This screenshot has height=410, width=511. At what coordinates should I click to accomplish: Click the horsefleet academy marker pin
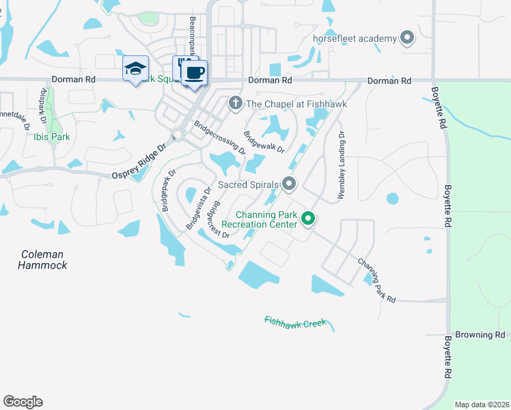pyautogui.click(x=408, y=38)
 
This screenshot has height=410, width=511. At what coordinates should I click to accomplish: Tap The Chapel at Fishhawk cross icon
pyautogui.click(x=235, y=103)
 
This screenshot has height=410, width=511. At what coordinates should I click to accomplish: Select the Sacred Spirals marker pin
pyautogui.click(x=289, y=184)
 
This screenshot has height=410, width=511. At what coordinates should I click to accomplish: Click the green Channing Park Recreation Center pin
pyautogui.click(x=308, y=219)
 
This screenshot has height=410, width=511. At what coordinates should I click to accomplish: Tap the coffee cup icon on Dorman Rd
pyautogui.click(x=195, y=72)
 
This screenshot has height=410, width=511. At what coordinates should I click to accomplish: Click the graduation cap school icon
pyautogui.click(x=135, y=68)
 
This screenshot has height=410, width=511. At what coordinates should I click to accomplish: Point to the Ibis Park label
pyautogui.click(x=51, y=136)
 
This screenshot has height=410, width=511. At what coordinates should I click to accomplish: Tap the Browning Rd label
pyautogui.click(x=482, y=335)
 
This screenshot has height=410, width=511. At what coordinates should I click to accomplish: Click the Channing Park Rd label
pyautogui.click(x=376, y=280)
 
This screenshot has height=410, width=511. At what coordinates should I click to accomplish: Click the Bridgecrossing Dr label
pyautogui.click(x=219, y=137)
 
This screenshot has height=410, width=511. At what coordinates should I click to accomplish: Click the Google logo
pyautogui.click(x=23, y=402)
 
